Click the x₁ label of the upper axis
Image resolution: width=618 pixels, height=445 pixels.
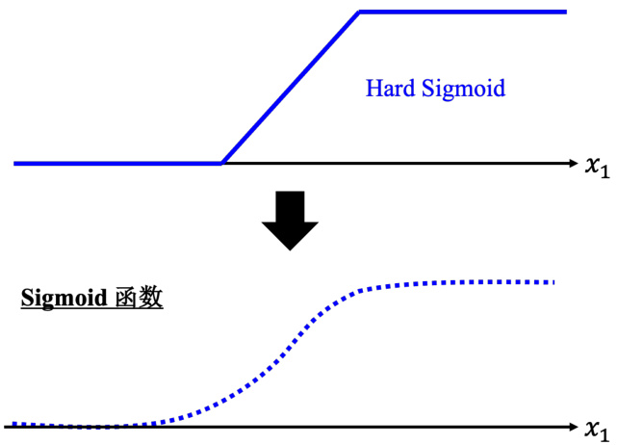[x=597, y=165]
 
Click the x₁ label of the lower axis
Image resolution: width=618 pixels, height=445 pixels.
[x=597, y=427]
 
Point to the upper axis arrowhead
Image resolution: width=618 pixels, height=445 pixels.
[x=571, y=164]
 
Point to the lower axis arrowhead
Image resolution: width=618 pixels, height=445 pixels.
[x=571, y=426]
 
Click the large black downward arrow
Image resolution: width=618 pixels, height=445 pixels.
[x=289, y=220]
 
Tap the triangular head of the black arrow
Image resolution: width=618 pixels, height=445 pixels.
[x=289, y=234]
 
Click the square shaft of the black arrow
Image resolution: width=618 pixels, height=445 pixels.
[x=289, y=205]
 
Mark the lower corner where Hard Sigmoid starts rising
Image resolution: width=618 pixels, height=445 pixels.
[x=222, y=163]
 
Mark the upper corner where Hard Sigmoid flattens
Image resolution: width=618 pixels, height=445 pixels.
[x=359, y=13]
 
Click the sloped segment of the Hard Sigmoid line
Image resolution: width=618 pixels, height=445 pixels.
[x=291, y=88]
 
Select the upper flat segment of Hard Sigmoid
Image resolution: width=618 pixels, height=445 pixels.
[x=462, y=13]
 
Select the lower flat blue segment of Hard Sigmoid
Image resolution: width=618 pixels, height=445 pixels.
[x=116, y=164]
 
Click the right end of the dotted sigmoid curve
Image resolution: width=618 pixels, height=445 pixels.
[x=554, y=282]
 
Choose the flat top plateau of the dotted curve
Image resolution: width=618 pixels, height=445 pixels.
[x=462, y=283]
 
